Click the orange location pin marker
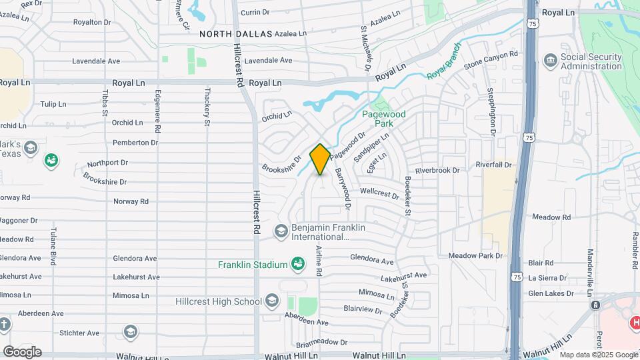point(320,159)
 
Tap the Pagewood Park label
point(383,119)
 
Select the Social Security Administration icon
point(551,61)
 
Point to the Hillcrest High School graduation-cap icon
point(271,301)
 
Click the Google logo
point(22,351)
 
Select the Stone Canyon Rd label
point(491,59)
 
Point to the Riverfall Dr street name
point(493,165)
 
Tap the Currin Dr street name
point(255,12)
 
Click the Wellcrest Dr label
point(379,193)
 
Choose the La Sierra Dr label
point(547,278)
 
